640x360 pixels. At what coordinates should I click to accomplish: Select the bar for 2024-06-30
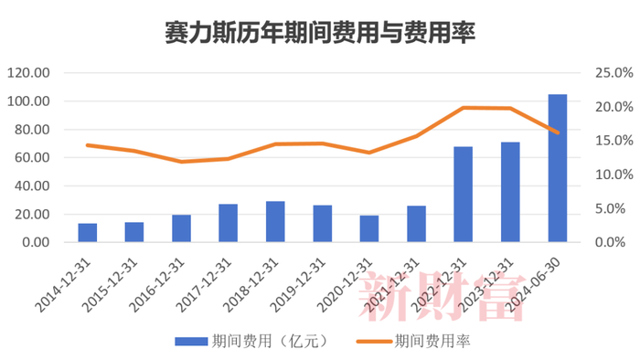557,169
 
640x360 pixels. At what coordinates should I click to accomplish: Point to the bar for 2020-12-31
368,228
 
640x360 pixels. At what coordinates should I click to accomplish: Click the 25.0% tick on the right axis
600,73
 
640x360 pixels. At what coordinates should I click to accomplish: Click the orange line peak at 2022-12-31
463,108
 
